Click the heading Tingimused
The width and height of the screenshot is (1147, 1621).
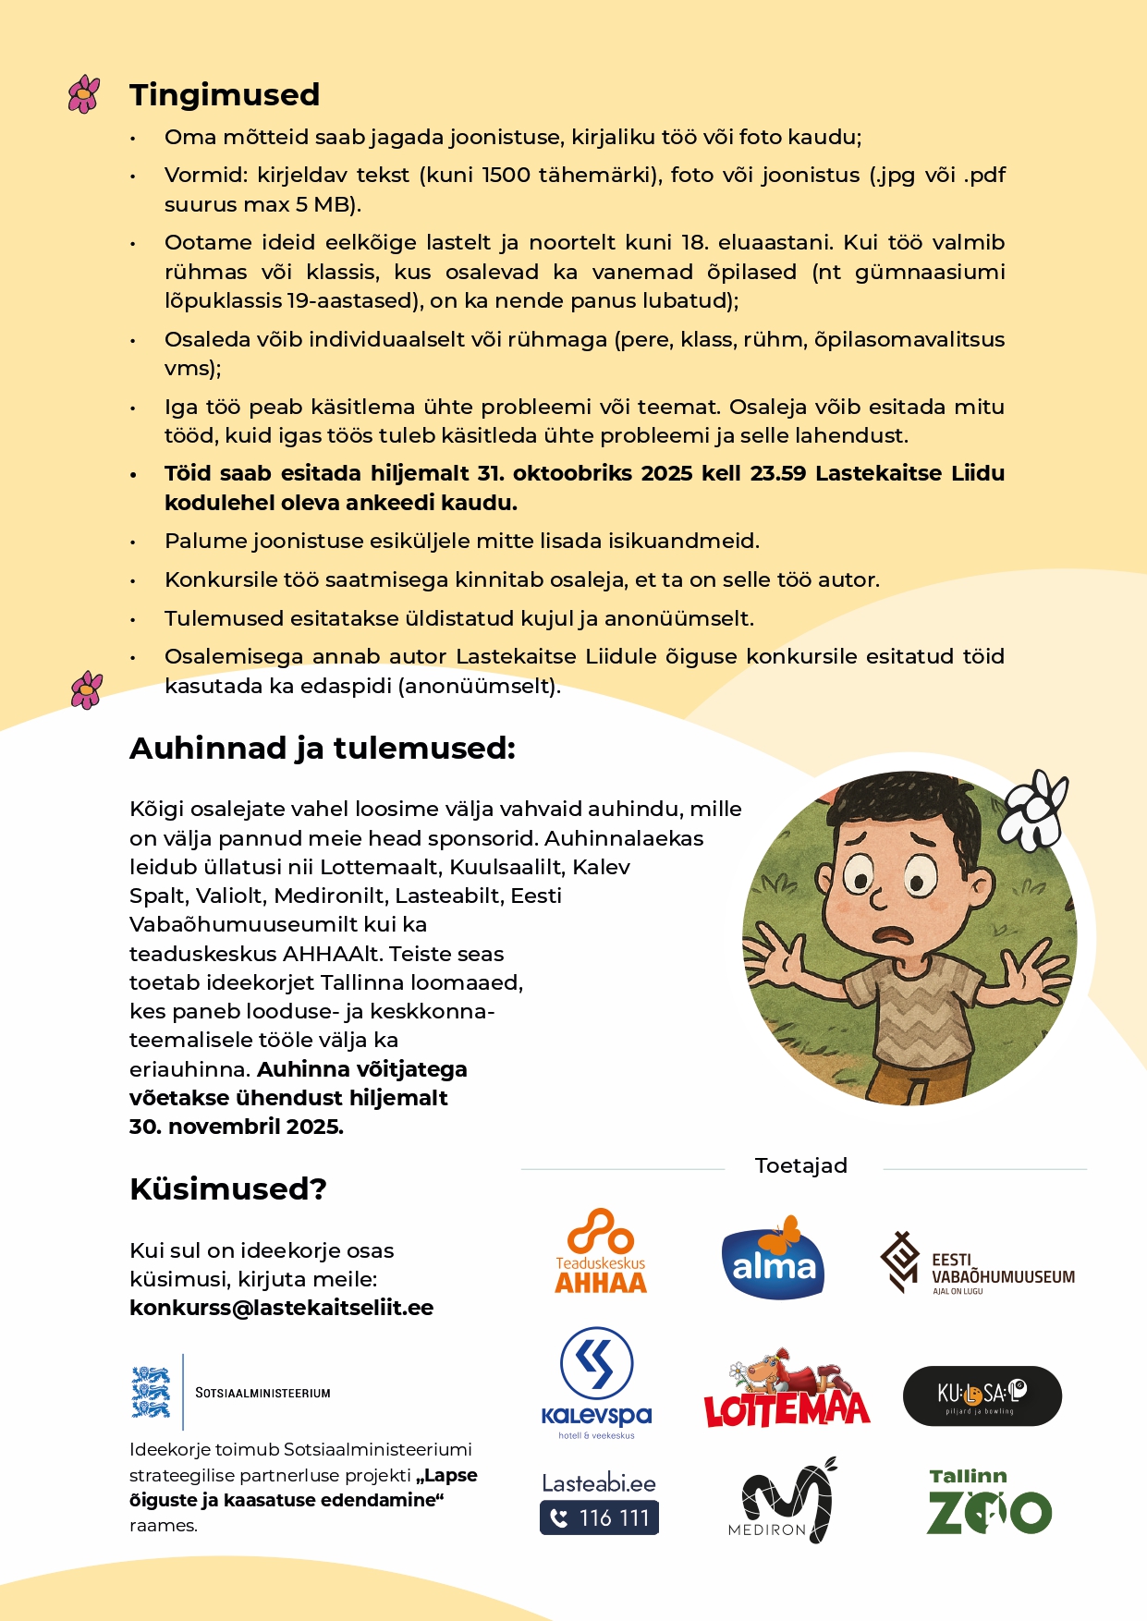(x=225, y=95)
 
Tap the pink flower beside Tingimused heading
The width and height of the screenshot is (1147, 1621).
(x=84, y=94)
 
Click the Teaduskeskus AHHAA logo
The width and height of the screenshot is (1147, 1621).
(x=601, y=1251)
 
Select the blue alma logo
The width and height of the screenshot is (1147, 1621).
(x=773, y=1259)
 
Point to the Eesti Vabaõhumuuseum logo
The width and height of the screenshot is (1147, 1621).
(x=977, y=1263)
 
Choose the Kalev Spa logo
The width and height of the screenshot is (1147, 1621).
(x=597, y=1383)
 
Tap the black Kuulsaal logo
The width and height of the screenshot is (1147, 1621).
(x=982, y=1396)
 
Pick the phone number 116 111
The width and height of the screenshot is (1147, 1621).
(x=599, y=1517)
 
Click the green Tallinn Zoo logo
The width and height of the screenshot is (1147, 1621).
(x=989, y=1502)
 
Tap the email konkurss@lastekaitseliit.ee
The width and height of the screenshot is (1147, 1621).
(x=282, y=1308)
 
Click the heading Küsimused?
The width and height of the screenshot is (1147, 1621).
(x=228, y=1188)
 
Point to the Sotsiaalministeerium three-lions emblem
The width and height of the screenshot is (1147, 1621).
(x=152, y=1392)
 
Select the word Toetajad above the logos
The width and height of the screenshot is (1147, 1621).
(x=800, y=1165)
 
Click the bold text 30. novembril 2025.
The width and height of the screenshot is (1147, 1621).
(x=237, y=1127)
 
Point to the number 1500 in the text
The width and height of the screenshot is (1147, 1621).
(x=506, y=176)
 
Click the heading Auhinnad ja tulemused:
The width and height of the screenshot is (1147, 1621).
(x=323, y=749)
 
